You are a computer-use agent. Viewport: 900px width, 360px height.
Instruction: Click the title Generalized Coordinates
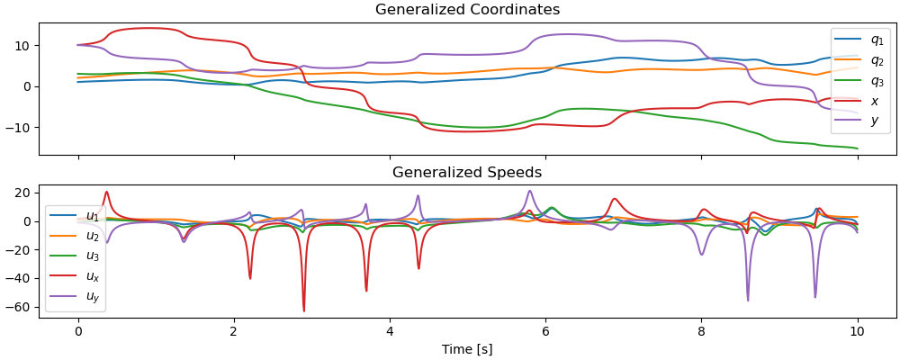[x=467, y=10]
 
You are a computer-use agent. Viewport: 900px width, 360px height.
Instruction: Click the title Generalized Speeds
[x=467, y=172]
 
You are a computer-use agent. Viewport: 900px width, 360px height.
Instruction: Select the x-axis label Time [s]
[x=467, y=349]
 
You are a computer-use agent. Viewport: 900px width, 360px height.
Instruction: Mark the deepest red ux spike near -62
[x=304, y=310]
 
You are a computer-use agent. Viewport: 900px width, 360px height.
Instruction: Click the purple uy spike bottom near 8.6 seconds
[x=748, y=300]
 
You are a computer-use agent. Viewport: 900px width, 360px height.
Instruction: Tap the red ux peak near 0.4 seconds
[x=106, y=192]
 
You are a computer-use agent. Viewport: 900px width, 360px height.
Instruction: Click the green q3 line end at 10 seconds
[x=857, y=148]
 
